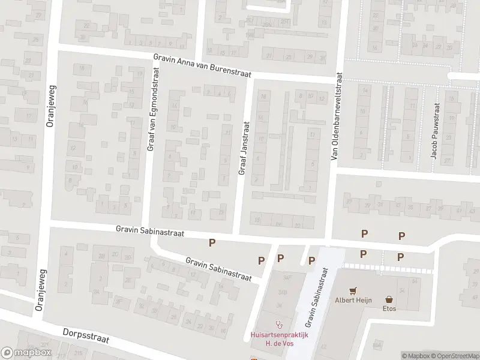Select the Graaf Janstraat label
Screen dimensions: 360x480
244,149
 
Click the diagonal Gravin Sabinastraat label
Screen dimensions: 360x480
218,269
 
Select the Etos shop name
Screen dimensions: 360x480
389,308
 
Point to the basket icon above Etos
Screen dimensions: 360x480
389,298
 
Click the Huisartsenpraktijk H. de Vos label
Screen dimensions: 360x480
278,339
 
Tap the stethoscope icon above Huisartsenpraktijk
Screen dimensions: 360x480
278,324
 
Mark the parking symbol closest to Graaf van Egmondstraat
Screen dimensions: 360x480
211,242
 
